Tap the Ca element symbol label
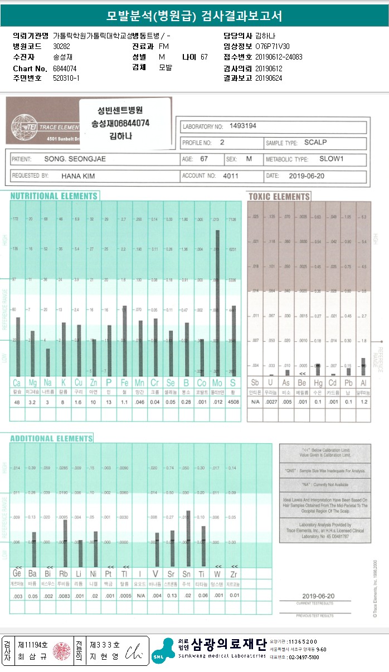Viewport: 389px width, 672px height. tap(18, 383)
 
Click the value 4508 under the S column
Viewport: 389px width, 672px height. tap(233, 402)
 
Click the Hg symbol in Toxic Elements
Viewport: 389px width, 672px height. tap(317, 383)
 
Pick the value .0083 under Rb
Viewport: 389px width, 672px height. tap(65, 595)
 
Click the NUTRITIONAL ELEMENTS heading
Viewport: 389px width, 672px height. tap(54, 196)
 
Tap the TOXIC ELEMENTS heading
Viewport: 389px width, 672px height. tap(279, 197)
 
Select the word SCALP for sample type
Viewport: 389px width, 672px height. tap(315, 143)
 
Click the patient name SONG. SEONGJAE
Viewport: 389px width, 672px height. tap(75, 159)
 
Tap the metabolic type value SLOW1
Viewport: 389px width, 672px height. tap(332, 159)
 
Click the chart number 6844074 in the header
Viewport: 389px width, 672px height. tap(65, 68)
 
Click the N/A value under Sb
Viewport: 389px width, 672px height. tap(255, 402)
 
